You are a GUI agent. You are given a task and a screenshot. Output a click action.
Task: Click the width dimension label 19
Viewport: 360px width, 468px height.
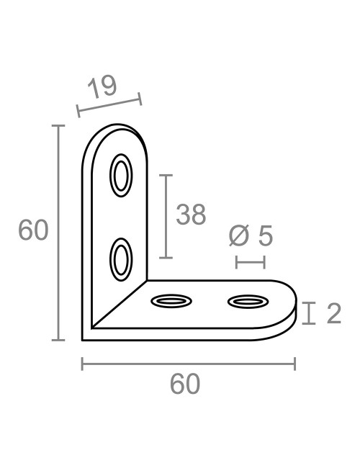102,87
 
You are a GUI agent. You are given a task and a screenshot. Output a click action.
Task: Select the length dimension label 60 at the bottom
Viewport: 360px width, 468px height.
185,384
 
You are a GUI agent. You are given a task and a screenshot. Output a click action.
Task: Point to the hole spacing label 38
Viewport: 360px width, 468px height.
191,215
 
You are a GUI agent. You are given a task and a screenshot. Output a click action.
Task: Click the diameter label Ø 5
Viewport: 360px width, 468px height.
250,235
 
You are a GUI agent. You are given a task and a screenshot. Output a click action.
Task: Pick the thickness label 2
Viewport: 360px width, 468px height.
333,313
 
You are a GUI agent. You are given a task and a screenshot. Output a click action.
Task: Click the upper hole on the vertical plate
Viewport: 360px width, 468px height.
121,175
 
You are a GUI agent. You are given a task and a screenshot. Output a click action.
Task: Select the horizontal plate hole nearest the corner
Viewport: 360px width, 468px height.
171,300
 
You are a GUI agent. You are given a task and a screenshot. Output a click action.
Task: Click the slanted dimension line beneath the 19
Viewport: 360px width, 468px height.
109,104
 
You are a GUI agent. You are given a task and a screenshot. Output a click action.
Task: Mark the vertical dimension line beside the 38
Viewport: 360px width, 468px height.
166,216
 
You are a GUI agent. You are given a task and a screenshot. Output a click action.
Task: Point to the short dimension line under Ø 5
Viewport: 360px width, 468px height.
251,261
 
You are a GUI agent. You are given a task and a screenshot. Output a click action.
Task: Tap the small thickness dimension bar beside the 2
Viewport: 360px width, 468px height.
309,313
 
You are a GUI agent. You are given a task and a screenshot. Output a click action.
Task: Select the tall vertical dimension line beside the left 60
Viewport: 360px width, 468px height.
58,232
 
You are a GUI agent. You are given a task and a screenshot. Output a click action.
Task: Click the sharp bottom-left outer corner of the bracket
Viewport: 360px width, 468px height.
84,338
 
